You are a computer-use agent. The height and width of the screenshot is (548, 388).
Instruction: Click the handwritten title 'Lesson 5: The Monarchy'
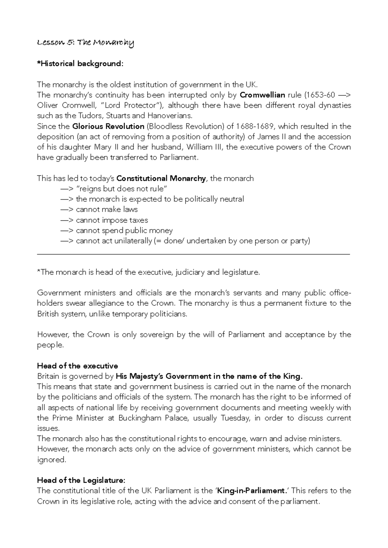tap(85, 43)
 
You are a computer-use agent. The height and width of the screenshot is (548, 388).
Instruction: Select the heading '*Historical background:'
tap(80, 64)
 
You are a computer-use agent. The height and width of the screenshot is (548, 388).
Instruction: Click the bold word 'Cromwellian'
tap(262, 95)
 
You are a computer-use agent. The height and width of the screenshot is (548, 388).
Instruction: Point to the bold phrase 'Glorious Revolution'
tap(108, 126)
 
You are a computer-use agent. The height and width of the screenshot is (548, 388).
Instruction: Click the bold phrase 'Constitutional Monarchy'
tap(161, 178)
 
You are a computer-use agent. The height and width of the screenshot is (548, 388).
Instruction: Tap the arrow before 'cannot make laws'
tap(67, 210)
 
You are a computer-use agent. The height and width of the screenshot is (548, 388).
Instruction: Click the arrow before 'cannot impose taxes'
tap(67, 220)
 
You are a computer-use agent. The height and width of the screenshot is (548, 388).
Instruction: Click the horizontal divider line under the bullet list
tap(193, 255)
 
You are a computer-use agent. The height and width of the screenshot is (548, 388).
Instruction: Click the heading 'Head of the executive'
tap(77, 366)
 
